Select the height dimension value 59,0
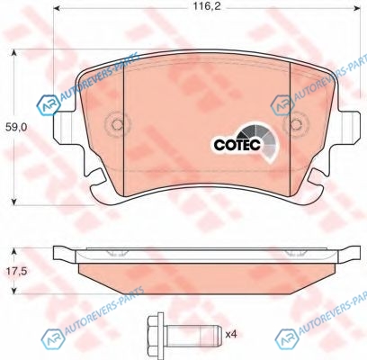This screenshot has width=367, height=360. [16, 128]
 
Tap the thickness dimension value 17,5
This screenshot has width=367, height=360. [17, 271]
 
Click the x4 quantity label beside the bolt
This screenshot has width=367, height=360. [231, 334]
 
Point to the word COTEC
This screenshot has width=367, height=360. [237, 145]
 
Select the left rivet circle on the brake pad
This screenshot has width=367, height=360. [117, 123]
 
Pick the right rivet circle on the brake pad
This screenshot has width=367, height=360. [296, 123]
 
